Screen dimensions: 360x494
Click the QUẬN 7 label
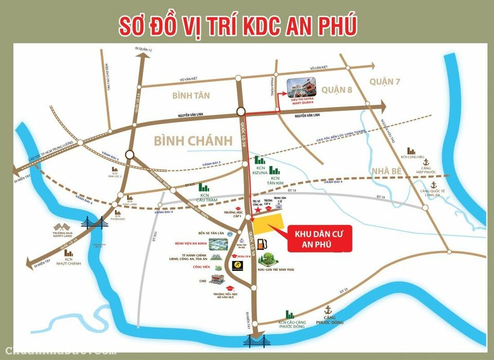[x=384, y=81]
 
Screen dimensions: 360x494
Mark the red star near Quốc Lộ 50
[x=258, y=210]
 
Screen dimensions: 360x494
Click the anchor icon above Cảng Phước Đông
[x=327, y=310]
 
